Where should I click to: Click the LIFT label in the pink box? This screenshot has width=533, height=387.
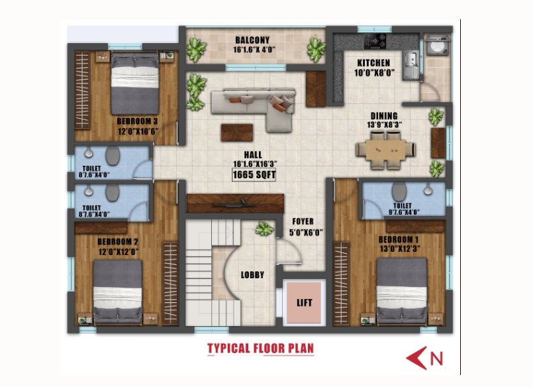304,303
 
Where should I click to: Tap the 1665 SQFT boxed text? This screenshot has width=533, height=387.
254,175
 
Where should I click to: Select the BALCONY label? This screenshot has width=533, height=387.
252,40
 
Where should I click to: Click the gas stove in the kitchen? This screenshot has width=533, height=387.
375,42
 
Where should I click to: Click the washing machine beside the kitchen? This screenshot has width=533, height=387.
438,45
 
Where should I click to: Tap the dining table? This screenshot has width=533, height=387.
385,150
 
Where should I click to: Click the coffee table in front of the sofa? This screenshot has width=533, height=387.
237,133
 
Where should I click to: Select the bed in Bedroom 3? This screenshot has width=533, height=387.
135,83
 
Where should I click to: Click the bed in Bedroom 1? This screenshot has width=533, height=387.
402,291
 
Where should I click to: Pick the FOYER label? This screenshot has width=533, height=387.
303,222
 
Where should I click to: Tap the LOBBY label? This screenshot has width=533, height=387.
252,275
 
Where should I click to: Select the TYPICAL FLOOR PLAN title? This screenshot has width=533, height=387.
260,349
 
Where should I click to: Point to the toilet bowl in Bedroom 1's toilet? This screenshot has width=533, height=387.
399,192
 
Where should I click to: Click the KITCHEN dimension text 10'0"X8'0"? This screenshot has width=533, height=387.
374,73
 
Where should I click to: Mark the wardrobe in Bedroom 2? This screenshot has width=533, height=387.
170,283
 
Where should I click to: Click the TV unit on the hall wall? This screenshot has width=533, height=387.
235,203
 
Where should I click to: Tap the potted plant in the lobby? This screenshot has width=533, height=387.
264,229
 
